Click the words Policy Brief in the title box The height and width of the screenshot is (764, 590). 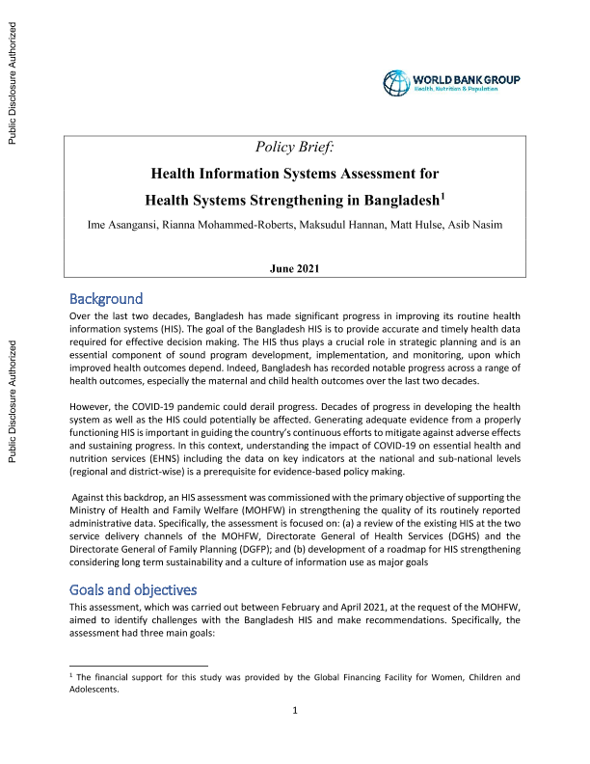(294, 147)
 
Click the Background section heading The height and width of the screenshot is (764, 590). (106, 298)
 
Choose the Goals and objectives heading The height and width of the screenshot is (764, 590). (134, 588)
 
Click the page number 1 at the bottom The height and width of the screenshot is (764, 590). (295, 737)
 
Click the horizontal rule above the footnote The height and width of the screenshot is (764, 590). (140, 666)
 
